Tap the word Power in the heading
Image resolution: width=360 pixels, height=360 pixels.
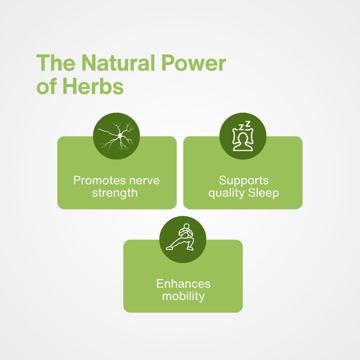pyautogui.click(x=194, y=63)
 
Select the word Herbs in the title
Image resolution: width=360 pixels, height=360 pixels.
pyautogui.click(x=93, y=86)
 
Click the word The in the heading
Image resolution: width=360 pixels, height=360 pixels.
pyautogui.click(x=56, y=63)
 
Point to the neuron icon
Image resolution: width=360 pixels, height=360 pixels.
pyautogui.click(x=116, y=136)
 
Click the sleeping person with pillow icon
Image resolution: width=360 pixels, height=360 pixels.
pyautogui.click(x=243, y=136)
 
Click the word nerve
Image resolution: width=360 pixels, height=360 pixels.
pyautogui.click(x=144, y=181)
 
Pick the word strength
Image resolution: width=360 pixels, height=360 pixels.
pyautogui.click(x=115, y=193)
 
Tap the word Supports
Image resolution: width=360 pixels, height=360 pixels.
pyautogui.click(x=244, y=180)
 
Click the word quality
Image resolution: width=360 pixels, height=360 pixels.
pyautogui.click(x=226, y=193)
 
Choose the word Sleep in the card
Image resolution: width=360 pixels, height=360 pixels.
pyautogui.click(x=264, y=193)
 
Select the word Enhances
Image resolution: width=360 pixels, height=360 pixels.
pyautogui.click(x=183, y=284)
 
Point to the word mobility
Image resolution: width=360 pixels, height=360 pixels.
pyautogui.click(x=183, y=296)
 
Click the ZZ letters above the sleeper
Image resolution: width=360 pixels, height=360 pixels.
pyautogui.click(x=245, y=126)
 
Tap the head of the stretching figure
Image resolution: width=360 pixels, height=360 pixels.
pyautogui.click(x=187, y=226)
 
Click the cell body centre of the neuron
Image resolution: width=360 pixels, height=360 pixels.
pyautogui.click(x=120, y=136)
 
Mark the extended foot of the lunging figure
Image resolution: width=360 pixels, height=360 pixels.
pyautogui.click(x=169, y=248)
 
